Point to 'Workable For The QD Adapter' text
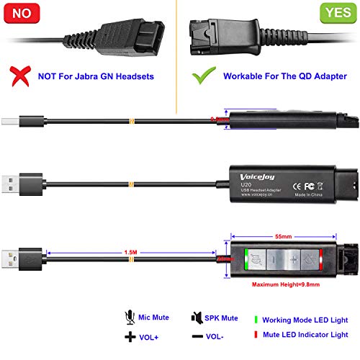click(x=277, y=75)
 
